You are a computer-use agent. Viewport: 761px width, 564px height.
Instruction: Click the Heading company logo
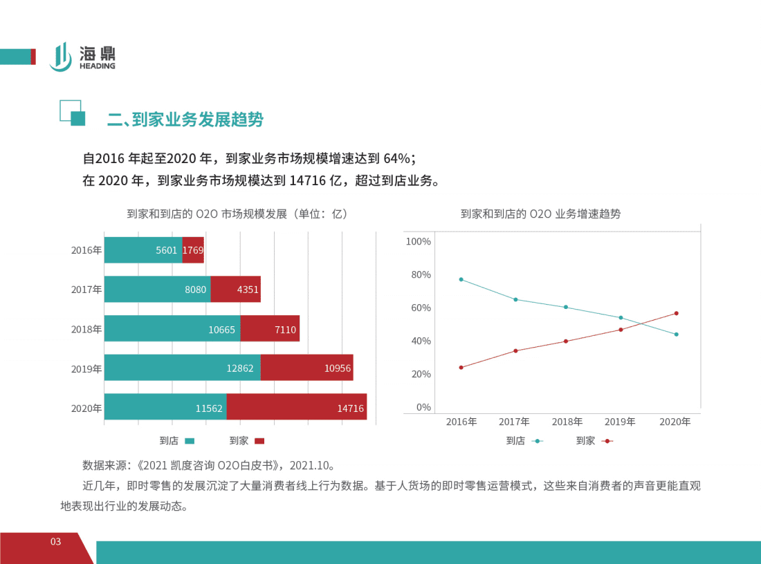click(x=82, y=57)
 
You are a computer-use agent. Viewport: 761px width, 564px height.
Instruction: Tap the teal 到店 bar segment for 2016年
click(x=143, y=250)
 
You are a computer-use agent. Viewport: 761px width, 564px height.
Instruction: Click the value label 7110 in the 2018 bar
click(x=285, y=330)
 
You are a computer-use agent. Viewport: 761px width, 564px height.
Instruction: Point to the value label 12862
click(x=241, y=368)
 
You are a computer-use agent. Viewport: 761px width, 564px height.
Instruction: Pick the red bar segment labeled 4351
click(x=235, y=290)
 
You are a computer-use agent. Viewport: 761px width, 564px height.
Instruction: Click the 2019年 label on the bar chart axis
click(x=86, y=369)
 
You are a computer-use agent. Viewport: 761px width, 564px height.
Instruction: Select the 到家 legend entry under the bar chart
click(x=246, y=440)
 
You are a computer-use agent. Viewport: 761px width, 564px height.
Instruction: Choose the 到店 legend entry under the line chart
click(x=524, y=440)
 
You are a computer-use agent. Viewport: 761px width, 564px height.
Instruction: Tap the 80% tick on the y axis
click(x=418, y=274)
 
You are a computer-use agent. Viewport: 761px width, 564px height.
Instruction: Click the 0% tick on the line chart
click(x=423, y=407)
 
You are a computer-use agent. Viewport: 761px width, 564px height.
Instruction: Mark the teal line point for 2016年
click(x=461, y=279)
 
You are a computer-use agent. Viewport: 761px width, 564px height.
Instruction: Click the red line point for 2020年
click(x=676, y=313)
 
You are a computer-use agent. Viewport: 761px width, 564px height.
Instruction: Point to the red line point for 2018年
click(x=566, y=341)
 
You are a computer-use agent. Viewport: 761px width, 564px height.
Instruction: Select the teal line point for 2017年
click(x=515, y=299)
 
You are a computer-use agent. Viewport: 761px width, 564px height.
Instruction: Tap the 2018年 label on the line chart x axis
click(x=567, y=422)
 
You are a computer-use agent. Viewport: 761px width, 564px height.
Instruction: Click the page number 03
click(x=56, y=541)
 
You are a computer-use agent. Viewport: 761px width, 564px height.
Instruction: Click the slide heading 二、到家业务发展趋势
click(x=185, y=120)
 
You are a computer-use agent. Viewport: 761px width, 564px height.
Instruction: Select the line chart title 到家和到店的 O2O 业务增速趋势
click(x=540, y=214)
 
